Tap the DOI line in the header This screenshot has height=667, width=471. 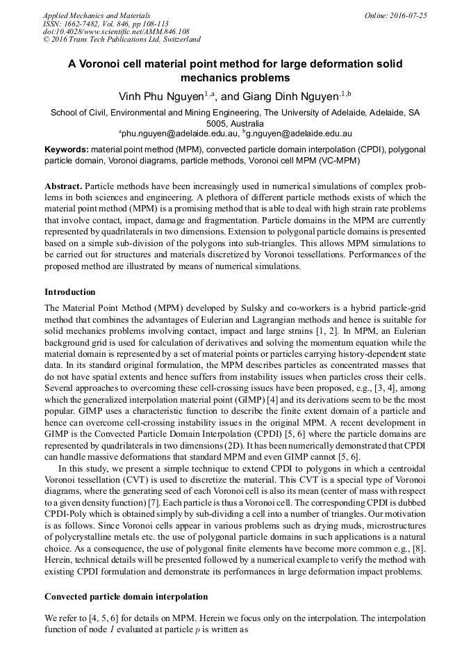point(116,32)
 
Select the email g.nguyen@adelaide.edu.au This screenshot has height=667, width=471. point(299,133)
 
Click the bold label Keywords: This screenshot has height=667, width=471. point(67,150)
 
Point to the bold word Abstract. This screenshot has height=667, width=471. point(63,187)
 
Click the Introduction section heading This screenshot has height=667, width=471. point(69,292)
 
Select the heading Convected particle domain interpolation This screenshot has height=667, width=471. point(126,597)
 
